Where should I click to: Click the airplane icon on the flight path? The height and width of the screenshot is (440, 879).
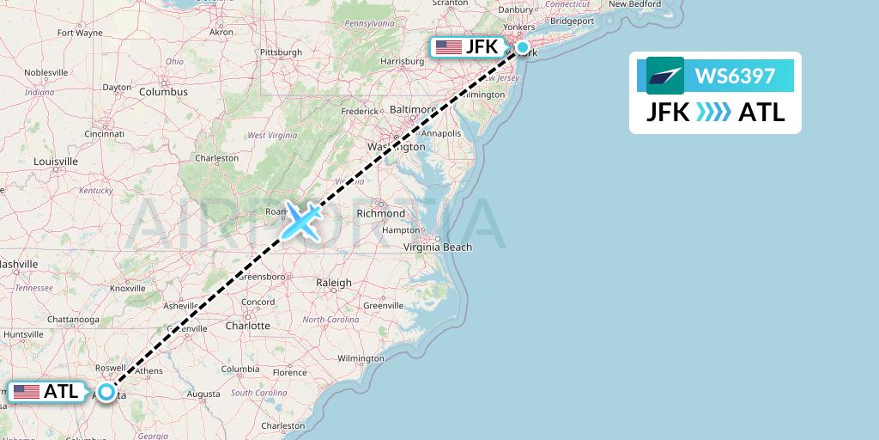coord(301,221)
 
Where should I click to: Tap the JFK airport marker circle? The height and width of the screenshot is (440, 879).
coord(522,49)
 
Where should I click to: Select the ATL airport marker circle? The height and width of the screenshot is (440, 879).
coord(106,392)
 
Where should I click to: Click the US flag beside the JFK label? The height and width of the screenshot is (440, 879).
coord(448,47)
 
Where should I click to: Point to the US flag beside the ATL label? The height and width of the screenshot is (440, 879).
coord(27,392)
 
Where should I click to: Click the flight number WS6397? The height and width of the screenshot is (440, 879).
coord(735,76)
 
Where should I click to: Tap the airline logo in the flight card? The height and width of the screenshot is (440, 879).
coord(664,76)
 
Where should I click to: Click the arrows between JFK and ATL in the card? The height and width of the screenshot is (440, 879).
coord(714,113)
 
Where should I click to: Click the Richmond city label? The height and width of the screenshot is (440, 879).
coord(380,213)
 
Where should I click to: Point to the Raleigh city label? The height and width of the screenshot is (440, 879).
coord(334,283)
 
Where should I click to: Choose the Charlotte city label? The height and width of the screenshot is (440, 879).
coord(248,326)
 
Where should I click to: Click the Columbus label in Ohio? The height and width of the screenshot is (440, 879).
coord(163,92)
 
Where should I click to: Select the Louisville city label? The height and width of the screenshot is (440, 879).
coord(56,162)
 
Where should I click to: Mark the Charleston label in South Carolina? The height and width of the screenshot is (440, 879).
coord(283,425)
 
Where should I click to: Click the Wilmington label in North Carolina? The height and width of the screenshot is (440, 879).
coord(361,357)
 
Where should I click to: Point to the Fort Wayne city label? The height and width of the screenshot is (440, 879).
coord(80,34)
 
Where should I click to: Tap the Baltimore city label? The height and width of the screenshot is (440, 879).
coord(413,110)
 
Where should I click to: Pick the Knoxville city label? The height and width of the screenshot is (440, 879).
coord(127,289)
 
